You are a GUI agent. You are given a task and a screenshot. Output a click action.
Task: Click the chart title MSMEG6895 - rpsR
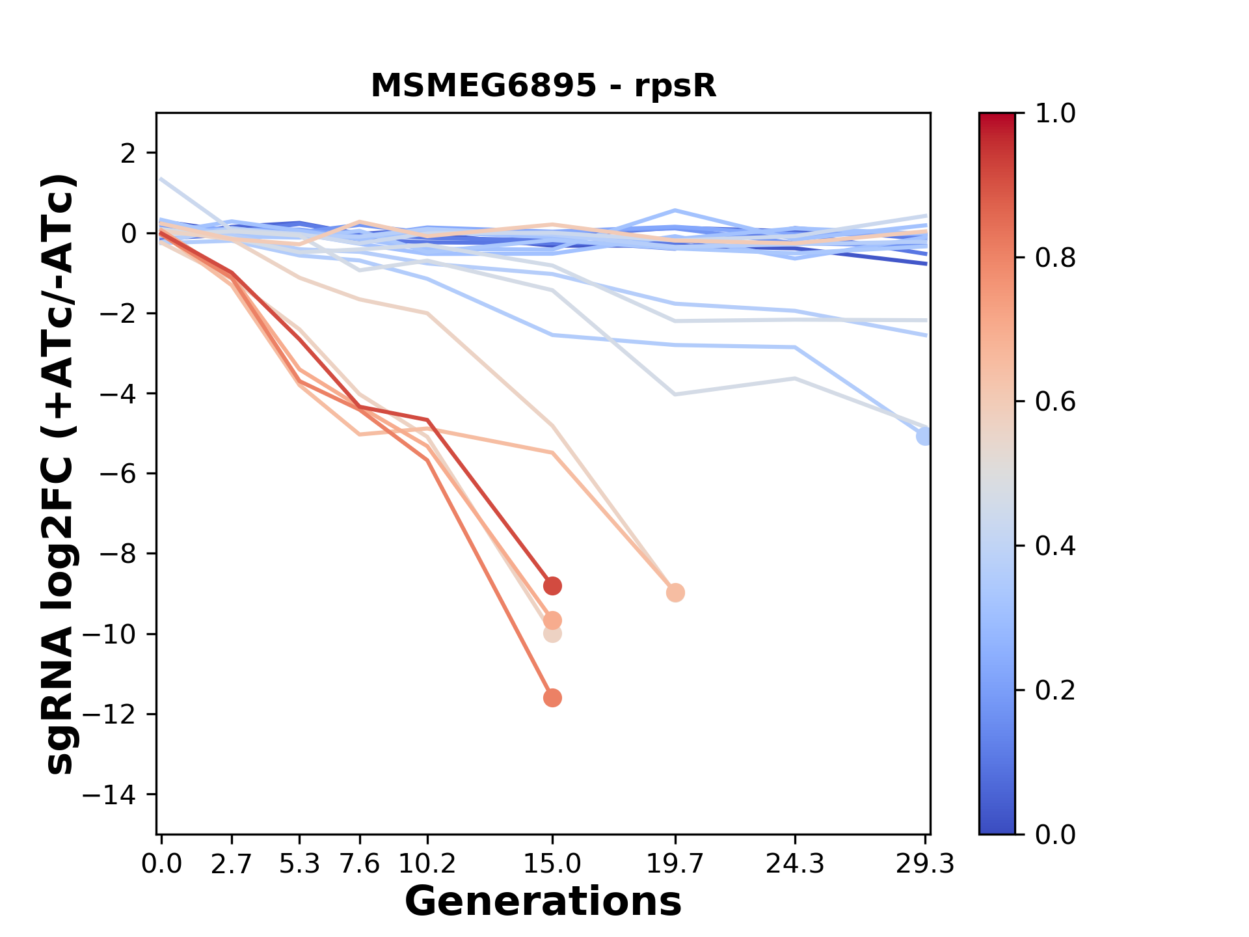coord(543,86)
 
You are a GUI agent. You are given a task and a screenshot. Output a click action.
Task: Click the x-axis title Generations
coord(543,902)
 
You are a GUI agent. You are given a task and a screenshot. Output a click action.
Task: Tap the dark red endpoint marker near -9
coord(552,586)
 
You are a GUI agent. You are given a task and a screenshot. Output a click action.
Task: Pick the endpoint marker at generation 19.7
coord(675,593)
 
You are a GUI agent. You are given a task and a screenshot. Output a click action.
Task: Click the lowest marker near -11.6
coord(552,698)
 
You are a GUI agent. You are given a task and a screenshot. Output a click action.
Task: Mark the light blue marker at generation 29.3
coord(924,437)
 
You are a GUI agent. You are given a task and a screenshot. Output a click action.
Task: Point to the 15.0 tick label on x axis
coord(552,864)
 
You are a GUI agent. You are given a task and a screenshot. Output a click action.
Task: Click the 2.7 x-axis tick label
coord(232,864)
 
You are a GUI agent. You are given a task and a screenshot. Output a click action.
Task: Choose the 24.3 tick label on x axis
coord(794,864)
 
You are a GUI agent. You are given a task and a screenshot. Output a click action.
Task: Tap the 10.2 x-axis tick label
coord(427,864)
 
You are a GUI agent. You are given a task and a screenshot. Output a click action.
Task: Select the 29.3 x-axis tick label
coord(924,864)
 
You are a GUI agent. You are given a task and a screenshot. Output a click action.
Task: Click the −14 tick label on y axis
coord(118,794)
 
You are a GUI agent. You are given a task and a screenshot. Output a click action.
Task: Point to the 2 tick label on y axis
coord(129,153)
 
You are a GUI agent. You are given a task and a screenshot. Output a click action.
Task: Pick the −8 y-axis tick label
coord(118,554)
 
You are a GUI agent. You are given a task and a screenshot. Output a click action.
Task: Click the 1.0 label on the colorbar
coord(1055,114)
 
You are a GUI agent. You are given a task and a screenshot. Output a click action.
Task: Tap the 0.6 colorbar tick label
coord(1055,401)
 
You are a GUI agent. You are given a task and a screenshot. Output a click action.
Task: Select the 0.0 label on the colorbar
coord(1055,834)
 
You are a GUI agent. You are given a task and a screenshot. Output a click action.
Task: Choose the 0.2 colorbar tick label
coord(1055,690)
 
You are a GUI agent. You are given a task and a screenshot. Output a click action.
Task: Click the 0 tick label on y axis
coord(129,233)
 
